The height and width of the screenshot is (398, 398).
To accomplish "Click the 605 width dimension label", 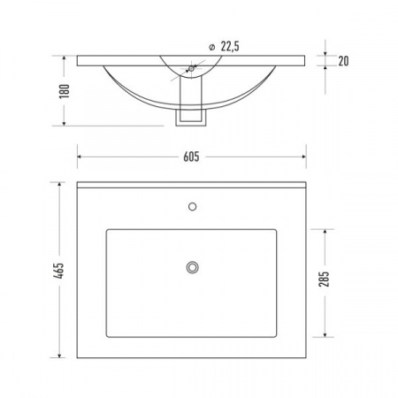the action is [191, 157].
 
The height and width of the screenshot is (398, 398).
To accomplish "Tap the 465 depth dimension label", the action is [58, 271].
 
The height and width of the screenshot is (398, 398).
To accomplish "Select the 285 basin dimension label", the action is [324, 279].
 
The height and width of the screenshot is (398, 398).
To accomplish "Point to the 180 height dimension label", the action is [65, 91].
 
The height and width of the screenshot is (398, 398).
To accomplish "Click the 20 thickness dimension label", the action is [343, 61].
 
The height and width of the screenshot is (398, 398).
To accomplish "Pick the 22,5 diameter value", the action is [230, 47].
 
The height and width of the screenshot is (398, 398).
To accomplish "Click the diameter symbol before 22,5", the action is [211, 47].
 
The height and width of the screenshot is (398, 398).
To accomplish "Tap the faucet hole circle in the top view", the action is [192, 207].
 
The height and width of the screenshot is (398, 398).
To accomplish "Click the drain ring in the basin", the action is [192, 267].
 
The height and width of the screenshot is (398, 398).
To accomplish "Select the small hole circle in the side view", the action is [191, 69].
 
